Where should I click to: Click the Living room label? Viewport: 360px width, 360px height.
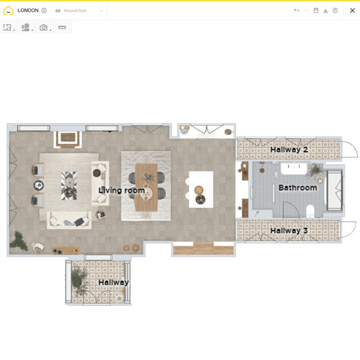122,190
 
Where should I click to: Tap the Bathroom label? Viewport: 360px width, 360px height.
298,188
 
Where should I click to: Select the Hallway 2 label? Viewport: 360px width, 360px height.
289,150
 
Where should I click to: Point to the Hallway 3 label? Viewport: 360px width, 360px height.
289,231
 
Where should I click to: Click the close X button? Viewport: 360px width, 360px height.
352,10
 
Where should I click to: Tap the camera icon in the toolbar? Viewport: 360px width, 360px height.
43,27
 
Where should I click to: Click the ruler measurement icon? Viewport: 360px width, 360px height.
62,27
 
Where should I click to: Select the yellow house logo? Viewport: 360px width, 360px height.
9,10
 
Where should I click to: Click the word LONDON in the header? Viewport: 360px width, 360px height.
28,10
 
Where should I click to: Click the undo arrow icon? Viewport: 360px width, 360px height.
297,10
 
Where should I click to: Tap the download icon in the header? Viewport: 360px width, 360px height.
325,10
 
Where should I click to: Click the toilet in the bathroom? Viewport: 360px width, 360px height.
310,211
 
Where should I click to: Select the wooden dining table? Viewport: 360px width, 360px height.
146,187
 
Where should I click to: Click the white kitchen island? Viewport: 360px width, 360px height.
201,189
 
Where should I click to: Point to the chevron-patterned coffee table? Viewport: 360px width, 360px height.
69,185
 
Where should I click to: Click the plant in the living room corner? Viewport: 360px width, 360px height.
18,241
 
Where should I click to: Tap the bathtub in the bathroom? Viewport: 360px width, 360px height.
334,190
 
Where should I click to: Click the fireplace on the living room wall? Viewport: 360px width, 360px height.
68,139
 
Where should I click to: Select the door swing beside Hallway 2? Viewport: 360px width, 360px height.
350,149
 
